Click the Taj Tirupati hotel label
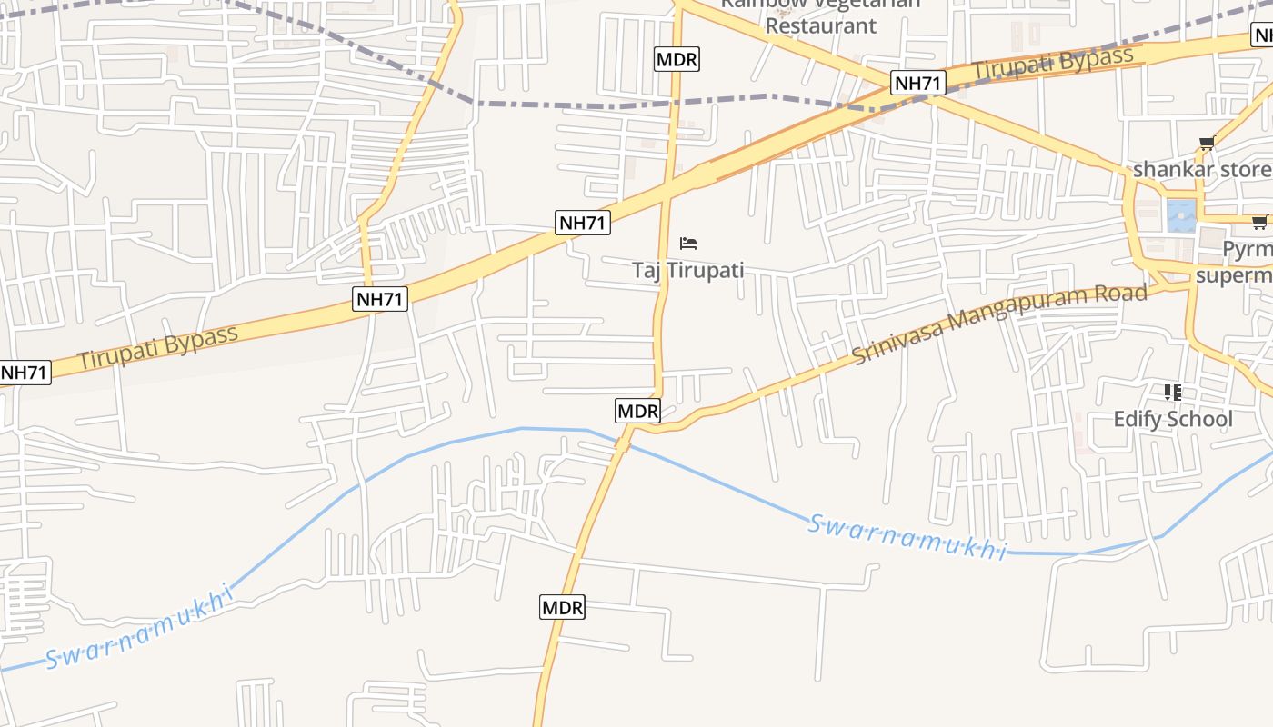click(x=687, y=270)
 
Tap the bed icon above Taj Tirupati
click(x=688, y=244)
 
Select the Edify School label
click(x=1173, y=419)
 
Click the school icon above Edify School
click(x=1173, y=393)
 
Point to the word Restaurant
click(x=820, y=25)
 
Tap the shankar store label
click(x=1200, y=170)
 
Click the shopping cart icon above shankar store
click(x=1207, y=144)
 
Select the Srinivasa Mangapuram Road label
click(x=999, y=324)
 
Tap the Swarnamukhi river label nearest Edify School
click(x=907, y=537)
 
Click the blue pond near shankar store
click(x=1181, y=216)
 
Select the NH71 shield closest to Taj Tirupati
click(x=583, y=222)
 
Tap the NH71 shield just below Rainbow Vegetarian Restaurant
click(x=918, y=84)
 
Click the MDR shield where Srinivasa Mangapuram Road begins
click(x=637, y=411)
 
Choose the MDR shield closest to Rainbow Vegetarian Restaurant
click(x=677, y=60)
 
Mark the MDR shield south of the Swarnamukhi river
click(x=562, y=607)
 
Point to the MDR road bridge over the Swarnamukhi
click(x=623, y=443)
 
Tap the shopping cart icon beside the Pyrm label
click(x=1259, y=222)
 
